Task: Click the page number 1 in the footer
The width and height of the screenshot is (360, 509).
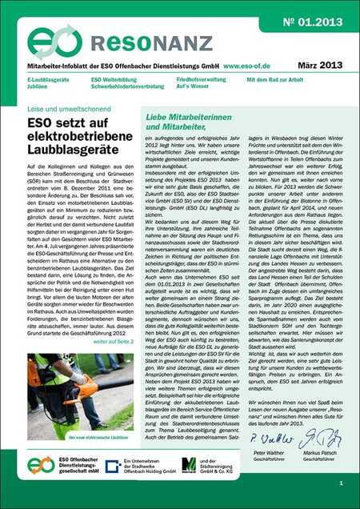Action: tap(341, 483)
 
